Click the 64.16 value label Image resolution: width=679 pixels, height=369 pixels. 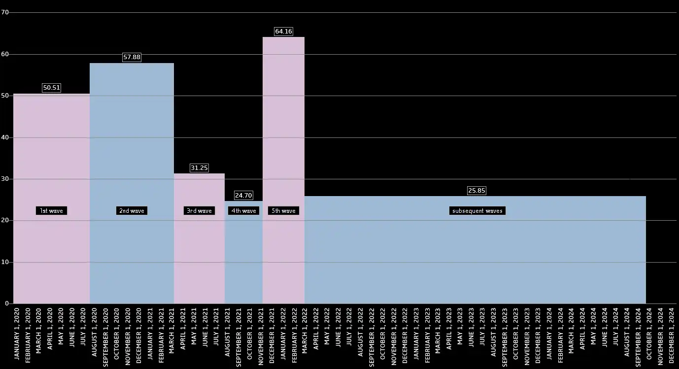tap(283, 32)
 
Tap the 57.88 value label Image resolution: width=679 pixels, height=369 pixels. tap(132, 57)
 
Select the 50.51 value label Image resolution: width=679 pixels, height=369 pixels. tap(51, 88)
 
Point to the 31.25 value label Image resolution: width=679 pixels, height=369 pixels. tap(199, 168)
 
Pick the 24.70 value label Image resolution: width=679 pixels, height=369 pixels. tap(243, 196)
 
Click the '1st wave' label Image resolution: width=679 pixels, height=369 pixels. tap(51, 211)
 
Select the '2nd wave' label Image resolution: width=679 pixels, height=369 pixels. tap(132, 211)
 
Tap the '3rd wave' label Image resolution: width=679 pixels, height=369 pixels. tap(199, 211)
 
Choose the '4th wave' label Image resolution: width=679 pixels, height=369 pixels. tap(244, 211)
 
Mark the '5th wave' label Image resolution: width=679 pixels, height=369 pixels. tap(283, 211)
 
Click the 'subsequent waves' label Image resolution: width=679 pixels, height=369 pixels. tap(477, 211)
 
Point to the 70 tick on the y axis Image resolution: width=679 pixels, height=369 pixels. tap(5, 13)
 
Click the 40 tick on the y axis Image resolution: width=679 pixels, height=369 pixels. tap(5, 137)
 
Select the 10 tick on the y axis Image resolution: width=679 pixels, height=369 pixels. tap(5, 262)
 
